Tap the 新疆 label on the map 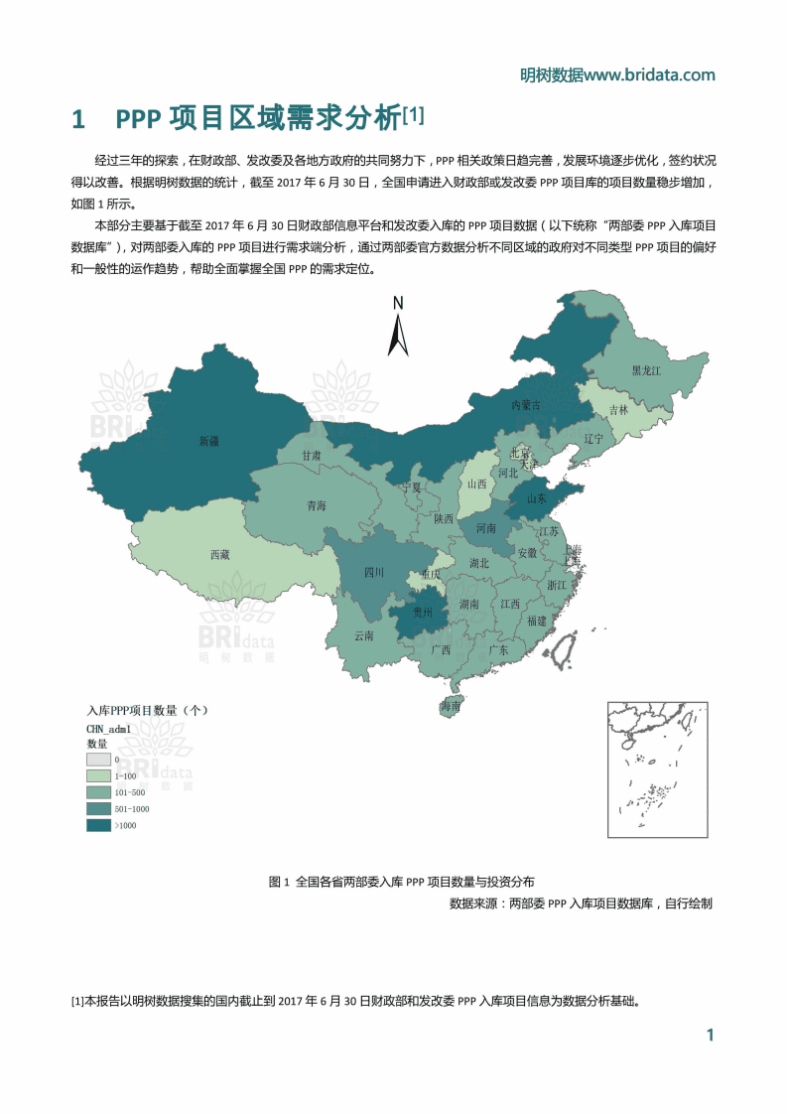[208, 440]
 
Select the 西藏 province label [220, 555]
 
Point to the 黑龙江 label [646, 370]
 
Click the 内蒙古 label [526, 405]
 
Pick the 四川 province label [374, 572]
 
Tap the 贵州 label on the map [423, 613]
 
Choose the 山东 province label [537, 498]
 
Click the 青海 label [317, 505]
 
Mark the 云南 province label [364, 635]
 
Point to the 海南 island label [451, 707]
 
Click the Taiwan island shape [565, 650]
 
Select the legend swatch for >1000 [98, 825]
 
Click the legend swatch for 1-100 [98, 775]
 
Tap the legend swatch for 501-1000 [98, 809]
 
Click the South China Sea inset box [657, 769]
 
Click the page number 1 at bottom [710, 1036]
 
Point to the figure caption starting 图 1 [401, 881]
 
